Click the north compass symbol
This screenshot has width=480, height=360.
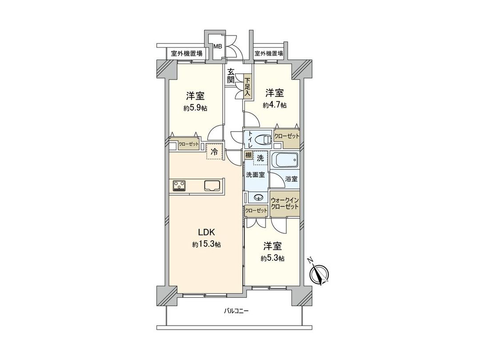pyautogui.click(x=319, y=273)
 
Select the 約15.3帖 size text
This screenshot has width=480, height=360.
pyautogui.click(x=207, y=244)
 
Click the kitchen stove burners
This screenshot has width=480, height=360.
pyautogui.click(x=179, y=185)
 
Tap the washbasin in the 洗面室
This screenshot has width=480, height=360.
pyautogui.click(x=258, y=198)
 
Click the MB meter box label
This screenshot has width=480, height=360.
pyautogui.click(x=218, y=46)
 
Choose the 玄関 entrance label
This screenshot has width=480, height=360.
pyautogui.click(x=231, y=76)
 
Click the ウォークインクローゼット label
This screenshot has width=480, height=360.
pyautogui.click(x=284, y=204)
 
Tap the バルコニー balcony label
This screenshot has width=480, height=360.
pyautogui.click(x=236, y=311)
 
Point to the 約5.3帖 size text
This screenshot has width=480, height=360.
pyautogui.click(x=273, y=258)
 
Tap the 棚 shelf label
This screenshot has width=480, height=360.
pyautogui.click(x=248, y=156)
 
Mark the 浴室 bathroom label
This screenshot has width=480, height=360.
pyautogui.click(x=292, y=179)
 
